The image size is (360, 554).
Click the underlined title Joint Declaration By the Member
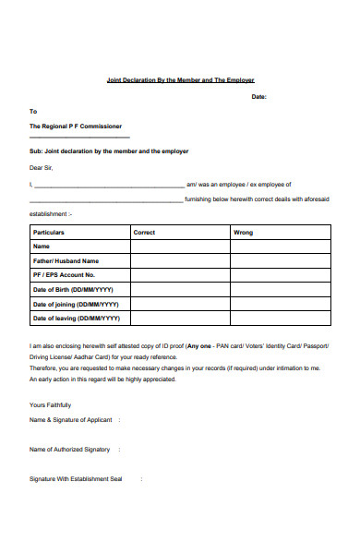coord(180,80)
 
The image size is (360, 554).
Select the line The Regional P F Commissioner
coord(76,126)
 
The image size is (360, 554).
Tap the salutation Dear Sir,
coord(42,168)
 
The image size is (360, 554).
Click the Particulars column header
coord(49,233)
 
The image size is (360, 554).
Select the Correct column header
coord(144,233)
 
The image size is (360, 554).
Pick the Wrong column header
coord(243,233)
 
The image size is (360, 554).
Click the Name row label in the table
coord(42,247)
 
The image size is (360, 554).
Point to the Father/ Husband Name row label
coord(66,261)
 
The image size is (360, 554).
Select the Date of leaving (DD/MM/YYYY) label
coord(77,319)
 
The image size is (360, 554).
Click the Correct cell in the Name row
coord(180,247)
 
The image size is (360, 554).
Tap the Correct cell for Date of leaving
coord(180,319)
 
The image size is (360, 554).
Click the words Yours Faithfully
coord(50,405)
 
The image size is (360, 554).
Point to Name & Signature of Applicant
coord(71,420)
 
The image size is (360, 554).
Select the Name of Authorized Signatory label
coord(70,450)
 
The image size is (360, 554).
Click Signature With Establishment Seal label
coord(76,479)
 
